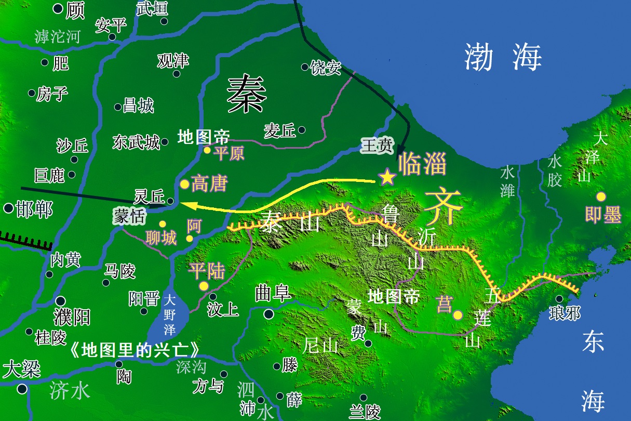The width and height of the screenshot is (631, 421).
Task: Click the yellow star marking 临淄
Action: point(387,178)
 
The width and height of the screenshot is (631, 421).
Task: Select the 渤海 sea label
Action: point(502,57)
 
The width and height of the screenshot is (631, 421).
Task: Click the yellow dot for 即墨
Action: point(601,196)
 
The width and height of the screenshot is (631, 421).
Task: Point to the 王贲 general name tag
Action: point(378,146)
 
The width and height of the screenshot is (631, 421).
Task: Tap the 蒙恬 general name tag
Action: point(130,217)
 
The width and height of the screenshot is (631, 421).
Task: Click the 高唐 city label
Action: point(209,183)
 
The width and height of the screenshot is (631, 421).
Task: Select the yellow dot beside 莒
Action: point(458,314)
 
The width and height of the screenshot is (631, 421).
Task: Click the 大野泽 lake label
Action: point(169,314)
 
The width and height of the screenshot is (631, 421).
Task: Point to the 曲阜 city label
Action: point(272,295)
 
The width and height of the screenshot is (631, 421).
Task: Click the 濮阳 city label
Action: point(72,317)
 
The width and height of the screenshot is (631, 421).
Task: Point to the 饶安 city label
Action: point(325,68)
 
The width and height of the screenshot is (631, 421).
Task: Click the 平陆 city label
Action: point(206,271)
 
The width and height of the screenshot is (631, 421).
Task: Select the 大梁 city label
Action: point(21,370)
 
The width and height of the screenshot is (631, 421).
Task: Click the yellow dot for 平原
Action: point(207,150)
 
